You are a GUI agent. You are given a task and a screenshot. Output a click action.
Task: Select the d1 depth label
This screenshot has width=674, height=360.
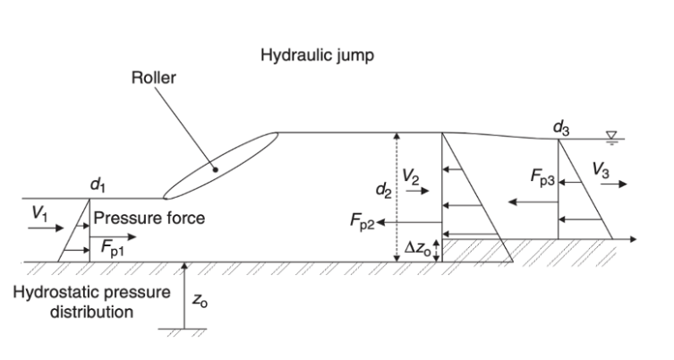point(98,185)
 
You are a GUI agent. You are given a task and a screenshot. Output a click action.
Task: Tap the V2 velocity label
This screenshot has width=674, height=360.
point(409,178)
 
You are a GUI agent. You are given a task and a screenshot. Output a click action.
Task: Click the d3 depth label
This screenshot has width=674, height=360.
point(561,128)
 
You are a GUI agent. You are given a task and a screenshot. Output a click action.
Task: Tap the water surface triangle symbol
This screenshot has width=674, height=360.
point(612,135)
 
